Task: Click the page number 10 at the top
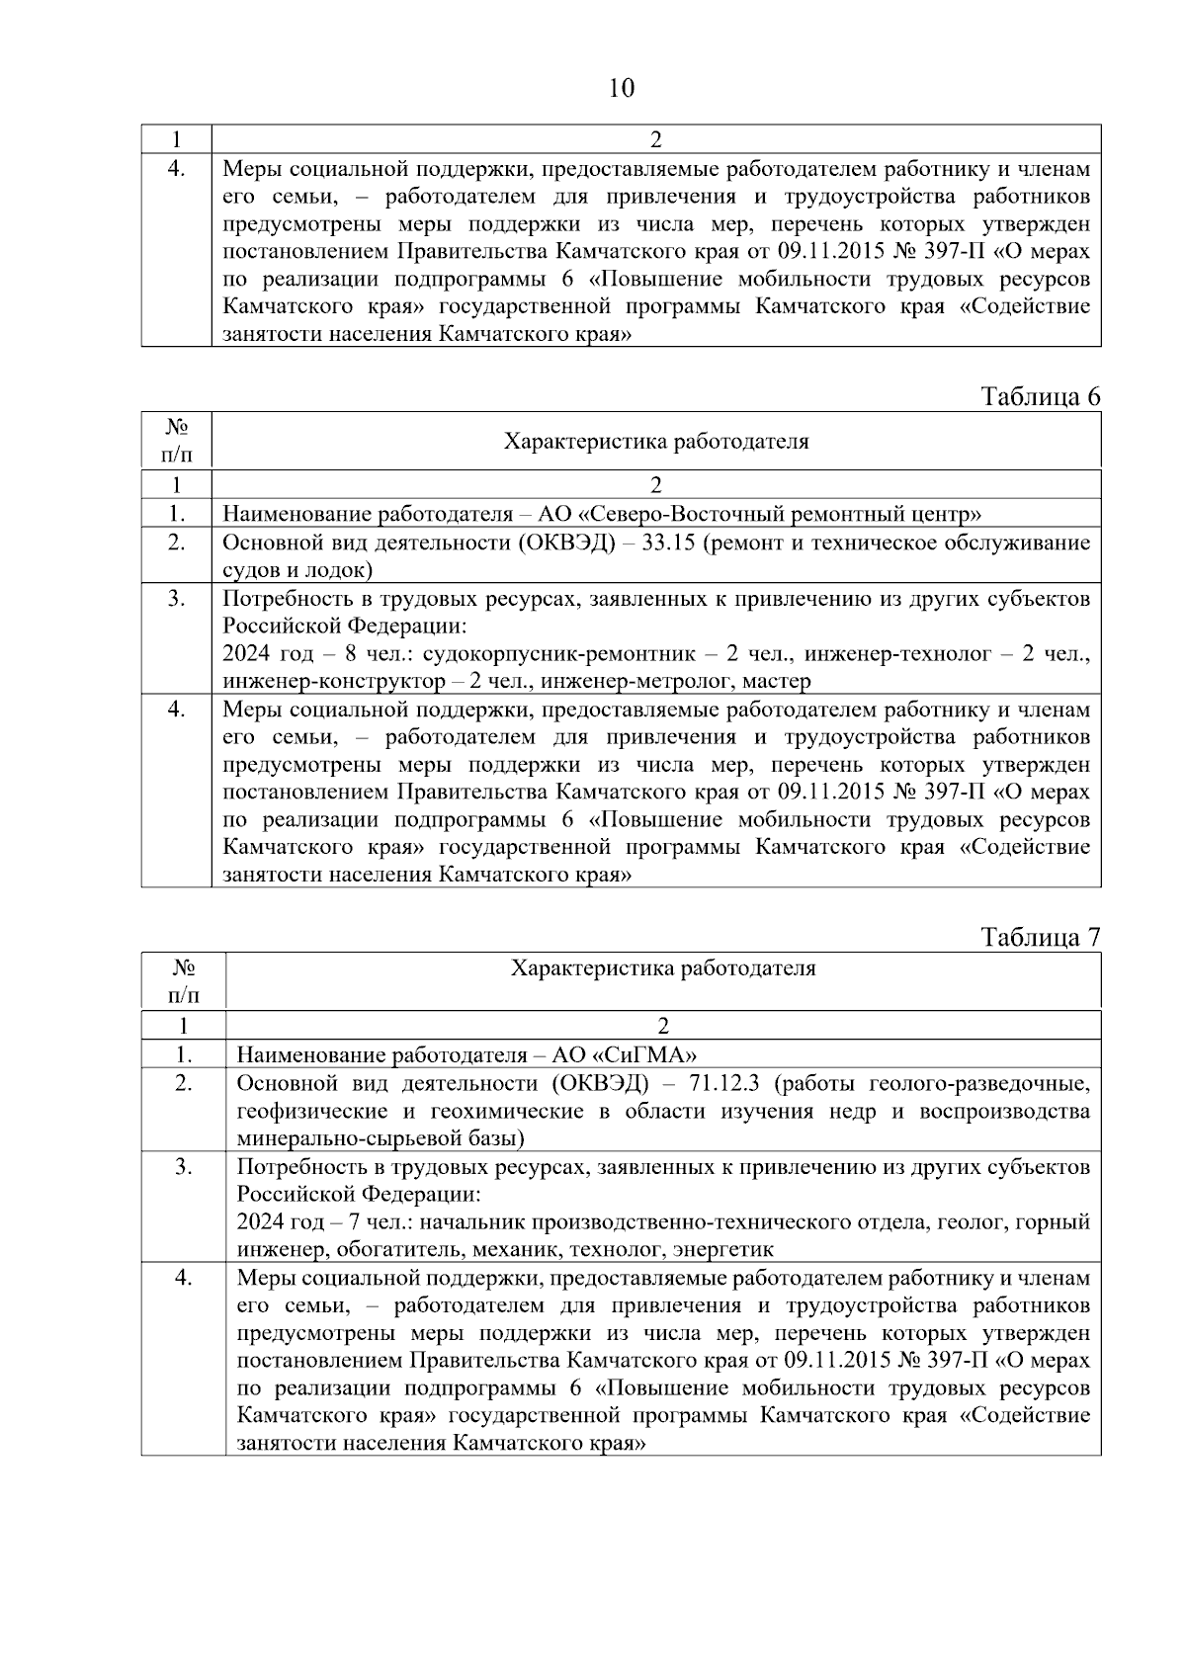click(x=622, y=89)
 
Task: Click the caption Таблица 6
click(x=1040, y=397)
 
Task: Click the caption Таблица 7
click(x=1040, y=937)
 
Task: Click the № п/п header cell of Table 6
click(x=176, y=440)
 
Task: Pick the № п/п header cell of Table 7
click(x=183, y=980)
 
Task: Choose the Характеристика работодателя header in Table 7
click(x=662, y=968)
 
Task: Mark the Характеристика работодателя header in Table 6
click(x=656, y=442)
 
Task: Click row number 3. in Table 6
click(x=176, y=599)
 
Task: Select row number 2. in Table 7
click(x=183, y=1083)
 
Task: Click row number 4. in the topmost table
click(x=176, y=169)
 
